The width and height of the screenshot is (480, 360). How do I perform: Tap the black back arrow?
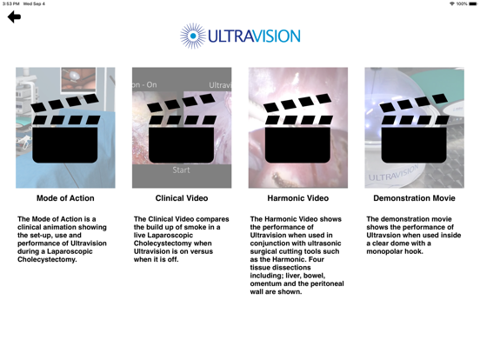click(x=14, y=17)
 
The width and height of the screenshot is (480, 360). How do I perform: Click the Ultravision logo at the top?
click(x=240, y=37)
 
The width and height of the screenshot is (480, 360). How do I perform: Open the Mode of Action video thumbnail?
click(x=65, y=128)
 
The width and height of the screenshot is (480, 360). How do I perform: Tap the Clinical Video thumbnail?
click(x=182, y=128)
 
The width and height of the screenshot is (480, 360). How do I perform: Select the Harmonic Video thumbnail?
click(x=298, y=128)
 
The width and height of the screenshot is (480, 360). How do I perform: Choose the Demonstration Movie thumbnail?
click(x=414, y=128)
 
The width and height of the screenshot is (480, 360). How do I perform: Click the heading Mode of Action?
click(x=65, y=199)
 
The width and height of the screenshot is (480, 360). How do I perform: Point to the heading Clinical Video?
click(x=182, y=199)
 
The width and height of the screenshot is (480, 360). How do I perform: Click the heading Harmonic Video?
click(x=298, y=199)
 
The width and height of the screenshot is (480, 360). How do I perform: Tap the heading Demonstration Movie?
click(x=414, y=199)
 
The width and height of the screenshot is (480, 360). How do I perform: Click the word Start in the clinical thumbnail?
click(x=181, y=170)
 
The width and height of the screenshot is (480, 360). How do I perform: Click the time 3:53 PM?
click(x=12, y=4)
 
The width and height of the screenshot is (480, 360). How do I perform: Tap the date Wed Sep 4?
click(x=36, y=4)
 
